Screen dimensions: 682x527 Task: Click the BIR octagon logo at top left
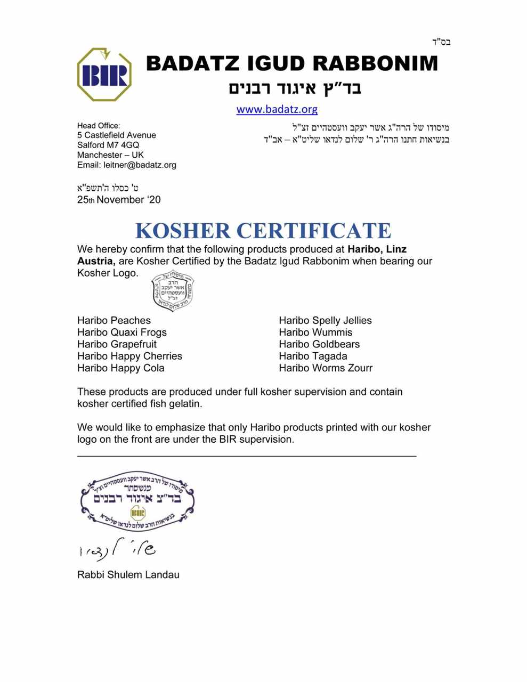click(104, 75)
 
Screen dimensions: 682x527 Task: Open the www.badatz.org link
click(277, 109)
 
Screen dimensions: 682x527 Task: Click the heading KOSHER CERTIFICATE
click(263, 231)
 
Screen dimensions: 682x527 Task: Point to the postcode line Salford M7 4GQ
click(108, 145)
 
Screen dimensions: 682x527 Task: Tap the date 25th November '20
click(119, 200)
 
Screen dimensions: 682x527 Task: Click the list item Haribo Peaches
click(114, 320)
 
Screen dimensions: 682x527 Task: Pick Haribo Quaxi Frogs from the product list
click(122, 332)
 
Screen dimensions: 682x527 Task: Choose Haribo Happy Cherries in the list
click(129, 356)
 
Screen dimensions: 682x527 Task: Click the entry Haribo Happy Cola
click(121, 368)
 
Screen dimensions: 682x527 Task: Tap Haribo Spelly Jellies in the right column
click(325, 320)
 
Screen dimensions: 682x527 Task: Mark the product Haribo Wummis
click(315, 332)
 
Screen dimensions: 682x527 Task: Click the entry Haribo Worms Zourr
click(326, 368)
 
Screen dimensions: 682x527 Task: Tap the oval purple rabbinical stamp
click(137, 501)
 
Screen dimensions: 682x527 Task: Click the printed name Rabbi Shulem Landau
click(128, 574)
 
